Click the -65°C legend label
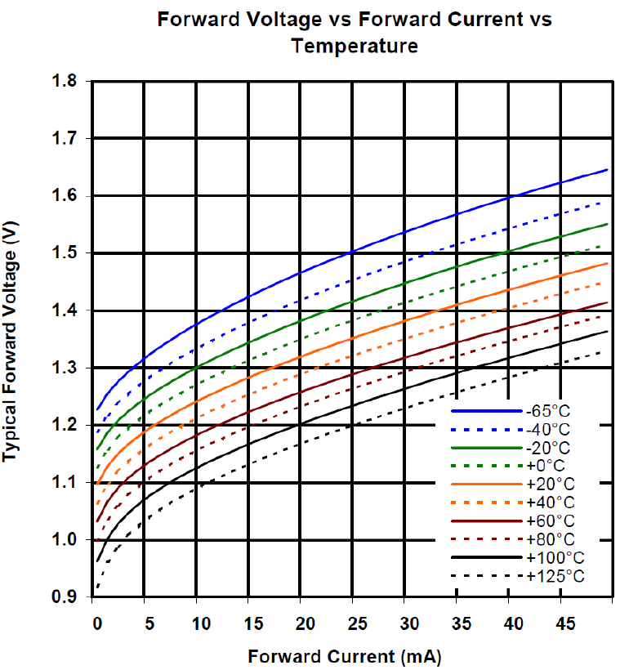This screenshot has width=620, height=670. point(554,412)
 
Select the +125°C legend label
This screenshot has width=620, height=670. point(556,578)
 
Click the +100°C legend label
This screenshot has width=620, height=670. point(556,559)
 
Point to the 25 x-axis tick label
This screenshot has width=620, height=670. point(352,624)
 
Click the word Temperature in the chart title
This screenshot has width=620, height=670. point(355,47)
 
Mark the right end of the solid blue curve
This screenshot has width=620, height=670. point(609,169)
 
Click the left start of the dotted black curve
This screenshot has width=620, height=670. point(96,587)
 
